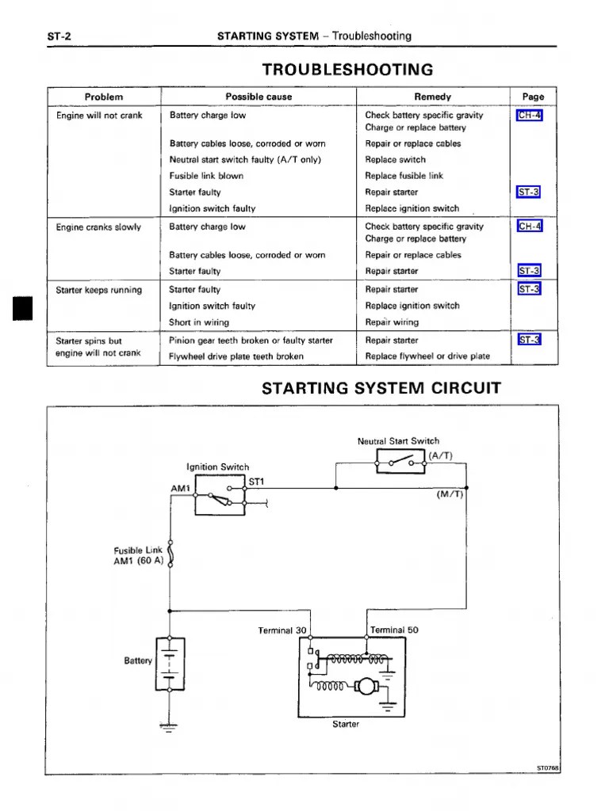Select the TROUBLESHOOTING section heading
pos(342,69)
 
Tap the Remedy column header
pos(432,97)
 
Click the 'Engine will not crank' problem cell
pos(99,116)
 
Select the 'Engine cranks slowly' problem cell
pos(98,227)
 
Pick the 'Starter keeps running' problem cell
pos(99,290)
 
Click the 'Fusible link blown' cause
pos(206,176)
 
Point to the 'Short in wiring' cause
pos(199,322)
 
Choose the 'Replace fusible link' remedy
pos(404,176)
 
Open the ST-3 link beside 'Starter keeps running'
pos(529,289)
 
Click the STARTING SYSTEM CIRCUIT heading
pos(381,388)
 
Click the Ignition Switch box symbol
pos(220,496)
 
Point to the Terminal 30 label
pos(282,630)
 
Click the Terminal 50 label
pos(394,630)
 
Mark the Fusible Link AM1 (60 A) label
pos(139,556)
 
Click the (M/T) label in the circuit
pos(450,494)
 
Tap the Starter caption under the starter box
pos(346,724)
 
